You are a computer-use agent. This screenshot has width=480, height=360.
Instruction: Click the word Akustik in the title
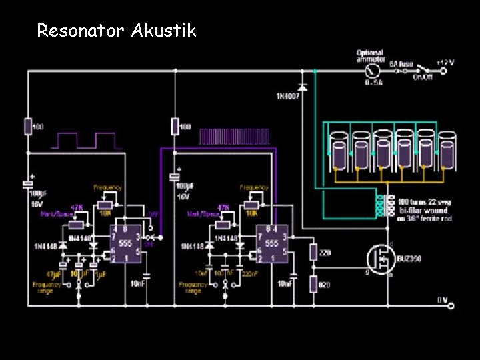[x=163, y=30]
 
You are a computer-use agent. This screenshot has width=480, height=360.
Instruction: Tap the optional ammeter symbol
[x=375, y=69]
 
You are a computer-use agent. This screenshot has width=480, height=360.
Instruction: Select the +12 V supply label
[x=445, y=62]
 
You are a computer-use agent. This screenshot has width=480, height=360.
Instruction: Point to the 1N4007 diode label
[x=288, y=97]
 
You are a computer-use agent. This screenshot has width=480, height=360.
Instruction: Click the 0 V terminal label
[x=441, y=300]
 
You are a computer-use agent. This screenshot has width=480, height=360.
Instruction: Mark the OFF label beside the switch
[x=153, y=215]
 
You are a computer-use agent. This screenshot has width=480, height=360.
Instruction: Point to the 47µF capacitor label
[x=53, y=273]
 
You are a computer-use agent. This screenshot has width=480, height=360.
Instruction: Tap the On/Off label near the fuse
[x=422, y=77]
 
